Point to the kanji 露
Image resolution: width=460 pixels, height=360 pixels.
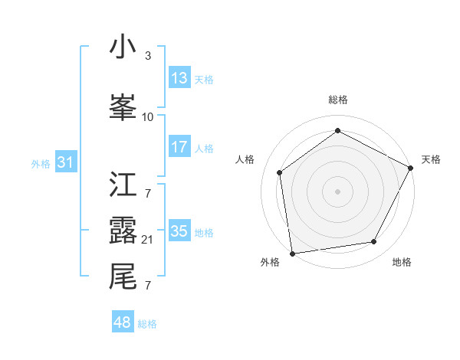point(123,231)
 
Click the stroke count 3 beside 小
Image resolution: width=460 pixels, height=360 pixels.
point(148,56)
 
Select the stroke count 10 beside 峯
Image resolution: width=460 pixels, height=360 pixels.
point(148,116)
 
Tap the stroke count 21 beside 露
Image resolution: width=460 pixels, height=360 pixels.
point(148,240)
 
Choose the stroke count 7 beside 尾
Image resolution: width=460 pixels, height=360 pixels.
point(148,286)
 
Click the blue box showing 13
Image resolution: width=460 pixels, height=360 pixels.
point(179,78)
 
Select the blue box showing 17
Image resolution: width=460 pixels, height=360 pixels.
point(179,147)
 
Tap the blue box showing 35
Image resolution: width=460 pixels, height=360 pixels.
point(179,231)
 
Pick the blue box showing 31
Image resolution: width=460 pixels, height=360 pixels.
point(65,162)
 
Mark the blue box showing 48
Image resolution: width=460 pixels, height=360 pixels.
point(123,322)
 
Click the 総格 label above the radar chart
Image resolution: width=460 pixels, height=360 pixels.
point(338,100)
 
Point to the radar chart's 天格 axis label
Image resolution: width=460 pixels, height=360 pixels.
point(431,159)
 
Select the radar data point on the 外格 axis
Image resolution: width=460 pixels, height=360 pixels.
point(292,253)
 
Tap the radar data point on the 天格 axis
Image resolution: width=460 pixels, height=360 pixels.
point(412,168)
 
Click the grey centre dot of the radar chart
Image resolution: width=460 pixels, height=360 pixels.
point(338,191)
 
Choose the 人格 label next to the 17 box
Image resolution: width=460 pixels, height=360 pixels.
point(204,148)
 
